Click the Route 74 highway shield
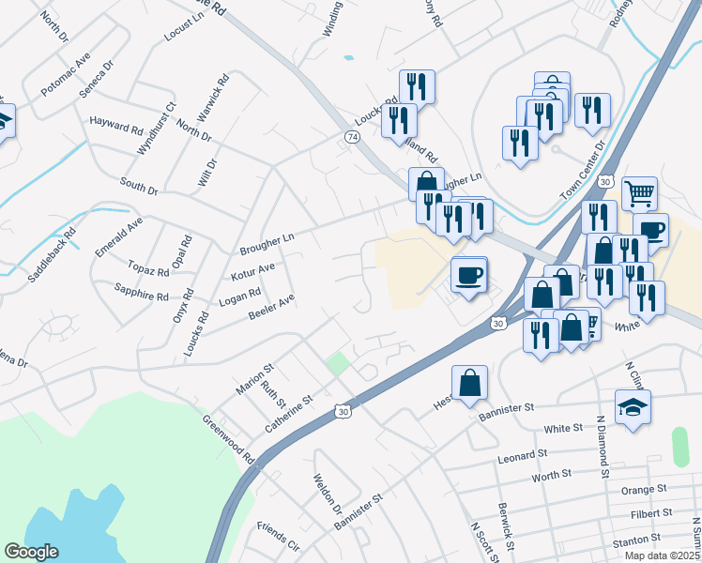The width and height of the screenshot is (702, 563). [x=352, y=137]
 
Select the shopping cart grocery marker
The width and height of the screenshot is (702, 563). [x=639, y=192]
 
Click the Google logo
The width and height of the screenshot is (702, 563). [x=31, y=552]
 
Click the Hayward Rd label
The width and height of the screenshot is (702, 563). [x=116, y=122]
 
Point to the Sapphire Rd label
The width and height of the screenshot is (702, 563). [x=141, y=292]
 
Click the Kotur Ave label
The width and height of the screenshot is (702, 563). [x=252, y=273]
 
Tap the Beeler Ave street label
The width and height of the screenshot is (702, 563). [x=272, y=306]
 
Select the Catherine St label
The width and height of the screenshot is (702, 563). [x=287, y=413]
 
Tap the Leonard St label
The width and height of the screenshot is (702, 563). [x=523, y=455]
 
